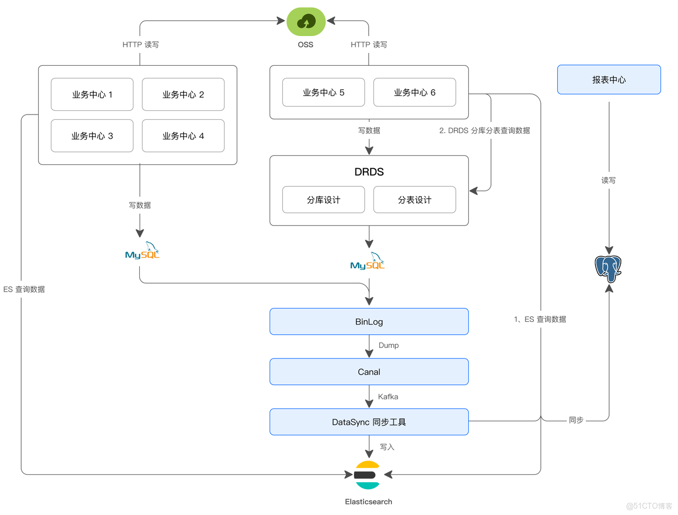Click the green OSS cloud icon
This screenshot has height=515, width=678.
pyautogui.click(x=306, y=22)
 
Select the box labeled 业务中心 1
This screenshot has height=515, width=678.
pyautogui.click(x=92, y=94)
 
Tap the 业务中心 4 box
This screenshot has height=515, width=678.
pyautogui.click(x=183, y=136)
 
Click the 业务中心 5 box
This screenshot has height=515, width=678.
pyautogui.click(x=324, y=92)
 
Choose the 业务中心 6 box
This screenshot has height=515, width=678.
pyautogui.click(x=415, y=92)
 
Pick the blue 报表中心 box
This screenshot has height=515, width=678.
pyautogui.click(x=609, y=80)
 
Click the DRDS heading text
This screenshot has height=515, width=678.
pyautogui.click(x=369, y=172)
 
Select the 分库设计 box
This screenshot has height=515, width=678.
pyautogui.click(x=324, y=199)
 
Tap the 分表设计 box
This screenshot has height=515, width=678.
pyautogui.click(x=415, y=199)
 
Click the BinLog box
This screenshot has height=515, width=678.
pyautogui.click(x=369, y=321)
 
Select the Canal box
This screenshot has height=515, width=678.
pyautogui.click(x=369, y=372)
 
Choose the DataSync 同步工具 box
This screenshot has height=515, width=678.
pyautogui.click(x=369, y=422)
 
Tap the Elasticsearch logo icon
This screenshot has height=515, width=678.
pyautogui.click(x=367, y=475)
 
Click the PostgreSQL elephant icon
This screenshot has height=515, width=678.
pyautogui.click(x=608, y=268)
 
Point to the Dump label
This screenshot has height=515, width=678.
pyautogui.click(x=389, y=345)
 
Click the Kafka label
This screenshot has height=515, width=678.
pyautogui.click(x=388, y=397)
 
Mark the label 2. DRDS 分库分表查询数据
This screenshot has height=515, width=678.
pyautogui.click(x=485, y=130)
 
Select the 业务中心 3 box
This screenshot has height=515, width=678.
pyautogui.click(x=92, y=136)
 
